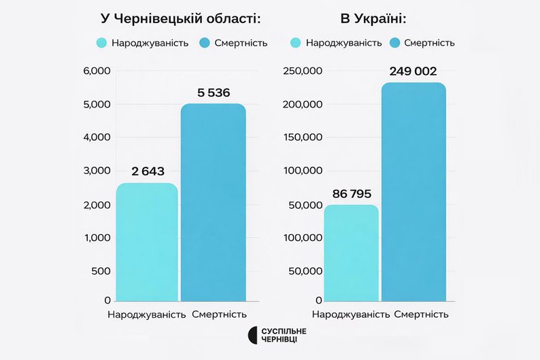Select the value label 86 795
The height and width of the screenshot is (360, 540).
point(352,194)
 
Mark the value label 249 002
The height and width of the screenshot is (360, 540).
point(413,71)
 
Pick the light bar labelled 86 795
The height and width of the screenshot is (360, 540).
point(351,252)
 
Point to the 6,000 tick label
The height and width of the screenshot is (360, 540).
point(97,71)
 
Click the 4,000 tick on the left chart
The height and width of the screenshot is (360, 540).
point(97,137)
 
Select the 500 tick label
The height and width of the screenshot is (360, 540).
point(101,271)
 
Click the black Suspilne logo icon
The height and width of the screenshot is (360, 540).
point(252,335)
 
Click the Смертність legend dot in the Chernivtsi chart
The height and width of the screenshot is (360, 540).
point(205,43)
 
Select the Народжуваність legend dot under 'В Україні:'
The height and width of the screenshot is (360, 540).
point(296,43)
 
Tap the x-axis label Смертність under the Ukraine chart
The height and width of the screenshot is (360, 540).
point(421,314)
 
